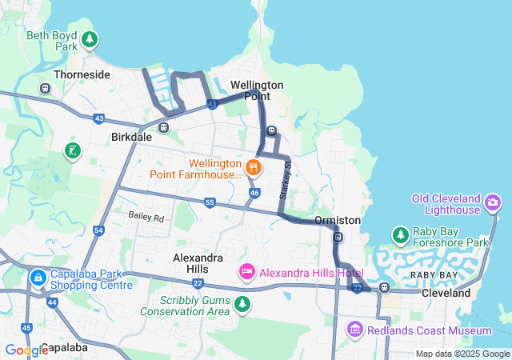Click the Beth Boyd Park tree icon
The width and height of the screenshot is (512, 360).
coord(90,38)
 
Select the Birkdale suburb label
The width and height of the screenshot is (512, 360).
coord(130,137)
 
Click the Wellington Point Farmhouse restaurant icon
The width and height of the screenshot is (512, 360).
coord(254,167)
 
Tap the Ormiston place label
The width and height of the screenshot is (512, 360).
coord(337,220)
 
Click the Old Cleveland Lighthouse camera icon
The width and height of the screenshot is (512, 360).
coord(493,204)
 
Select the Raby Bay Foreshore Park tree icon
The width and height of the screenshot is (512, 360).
coord(400,234)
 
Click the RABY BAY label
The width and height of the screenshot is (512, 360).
coord(434,274)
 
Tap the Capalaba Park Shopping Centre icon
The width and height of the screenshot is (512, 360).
coord(38,278)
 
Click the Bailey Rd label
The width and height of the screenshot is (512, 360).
coord(146,217)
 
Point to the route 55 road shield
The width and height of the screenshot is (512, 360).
coord(210,203)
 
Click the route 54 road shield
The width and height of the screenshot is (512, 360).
coord(98,230)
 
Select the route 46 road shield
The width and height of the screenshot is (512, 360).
coord(254,193)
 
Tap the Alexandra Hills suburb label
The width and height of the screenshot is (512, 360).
coord(198,263)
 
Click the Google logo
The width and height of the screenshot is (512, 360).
coord(26,350)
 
